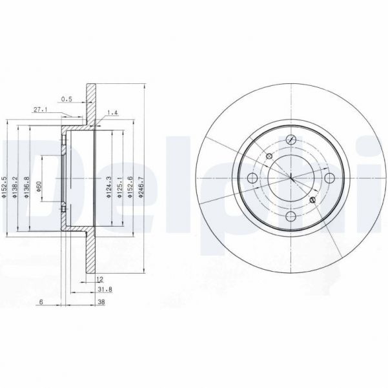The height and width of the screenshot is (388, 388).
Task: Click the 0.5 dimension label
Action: click(x=66, y=99)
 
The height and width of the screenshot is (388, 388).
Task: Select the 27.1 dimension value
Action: click(x=39, y=110)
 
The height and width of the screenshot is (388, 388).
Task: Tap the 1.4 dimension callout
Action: click(x=113, y=112)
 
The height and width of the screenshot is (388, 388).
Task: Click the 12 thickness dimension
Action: click(x=99, y=279)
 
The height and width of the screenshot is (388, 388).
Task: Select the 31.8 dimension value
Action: click(x=99, y=290)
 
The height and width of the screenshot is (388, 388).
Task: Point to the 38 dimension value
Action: click(x=101, y=302)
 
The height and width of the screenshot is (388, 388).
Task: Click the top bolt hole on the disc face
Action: click(x=291, y=140)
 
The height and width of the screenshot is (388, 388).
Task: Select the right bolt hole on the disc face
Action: click(x=329, y=178)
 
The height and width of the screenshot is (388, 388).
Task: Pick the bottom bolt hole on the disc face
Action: click(x=291, y=216)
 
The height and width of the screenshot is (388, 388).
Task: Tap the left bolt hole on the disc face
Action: click(x=252, y=178)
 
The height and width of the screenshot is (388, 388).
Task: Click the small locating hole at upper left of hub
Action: click(x=269, y=156)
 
